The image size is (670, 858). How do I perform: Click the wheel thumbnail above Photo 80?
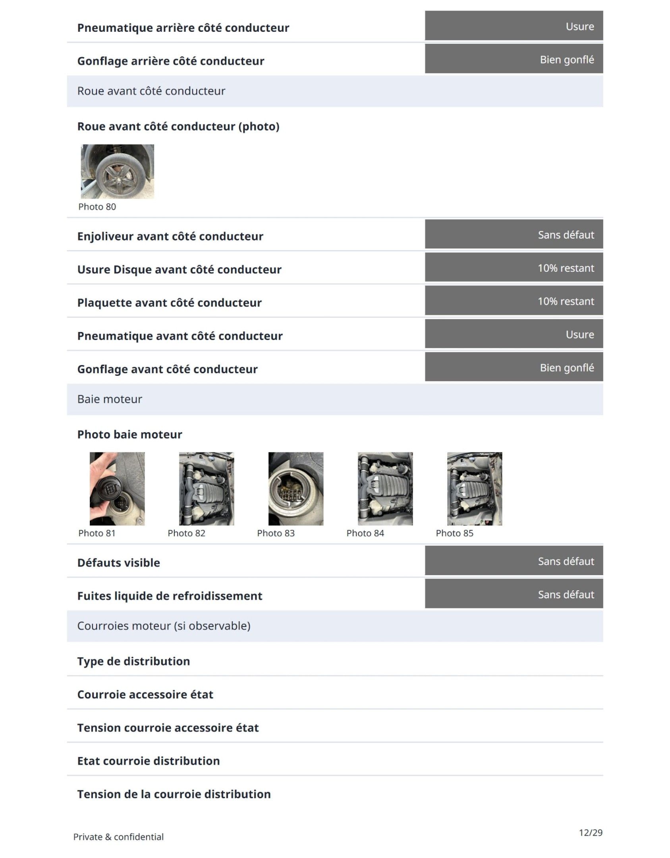point(117,171)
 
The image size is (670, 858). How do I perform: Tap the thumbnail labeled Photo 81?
point(117,488)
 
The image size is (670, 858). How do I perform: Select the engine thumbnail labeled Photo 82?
point(206,488)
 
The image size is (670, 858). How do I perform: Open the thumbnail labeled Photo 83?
point(295,488)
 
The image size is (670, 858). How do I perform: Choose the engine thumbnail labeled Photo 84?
point(385,488)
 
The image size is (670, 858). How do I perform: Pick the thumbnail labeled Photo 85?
point(474,488)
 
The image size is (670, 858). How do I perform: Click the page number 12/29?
point(590,832)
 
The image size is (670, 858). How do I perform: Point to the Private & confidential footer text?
point(118,837)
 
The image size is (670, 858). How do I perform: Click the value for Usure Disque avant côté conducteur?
point(566,268)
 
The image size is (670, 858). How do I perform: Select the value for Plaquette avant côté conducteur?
point(566,301)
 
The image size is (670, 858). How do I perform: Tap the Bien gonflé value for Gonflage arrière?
point(567,60)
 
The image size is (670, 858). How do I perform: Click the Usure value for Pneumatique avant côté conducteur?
point(579,334)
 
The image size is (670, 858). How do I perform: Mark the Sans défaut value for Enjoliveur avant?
point(566,235)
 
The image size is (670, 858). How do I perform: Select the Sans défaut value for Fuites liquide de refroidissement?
point(566,594)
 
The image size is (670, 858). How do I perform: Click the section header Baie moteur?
point(110,399)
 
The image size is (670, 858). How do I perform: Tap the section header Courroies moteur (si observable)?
point(164,626)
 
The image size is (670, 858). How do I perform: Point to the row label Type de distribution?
point(133,661)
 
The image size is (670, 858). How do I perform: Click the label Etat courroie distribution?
point(148,761)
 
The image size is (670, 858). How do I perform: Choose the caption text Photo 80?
point(97,207)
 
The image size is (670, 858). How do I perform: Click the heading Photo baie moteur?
point(129,434)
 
